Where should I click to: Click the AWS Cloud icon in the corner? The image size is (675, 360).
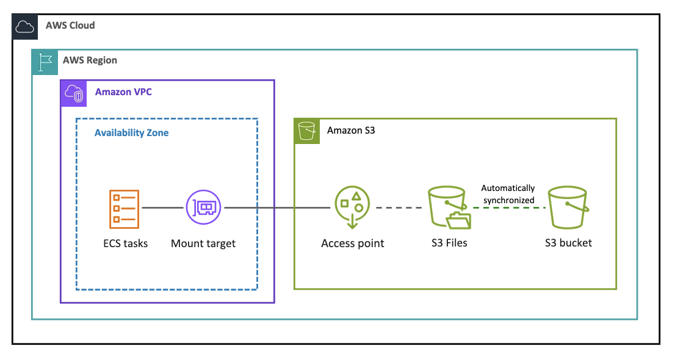[25, 26]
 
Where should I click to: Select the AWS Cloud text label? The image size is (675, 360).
[70, 26]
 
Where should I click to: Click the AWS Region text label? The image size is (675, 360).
[90, 60]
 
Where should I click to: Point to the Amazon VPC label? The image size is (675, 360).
[123, 92]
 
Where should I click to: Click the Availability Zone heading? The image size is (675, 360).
[131, 132]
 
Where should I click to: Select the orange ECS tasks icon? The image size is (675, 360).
[124, 207]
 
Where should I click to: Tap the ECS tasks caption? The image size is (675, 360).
[125, 243]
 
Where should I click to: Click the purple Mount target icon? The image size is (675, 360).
[203, 207]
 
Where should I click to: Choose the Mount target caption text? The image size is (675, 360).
[203, 243]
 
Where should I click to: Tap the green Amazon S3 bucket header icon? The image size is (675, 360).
[306, 131]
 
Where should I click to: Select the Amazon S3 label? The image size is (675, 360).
[351, 131]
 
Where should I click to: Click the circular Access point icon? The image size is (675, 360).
[352, 206]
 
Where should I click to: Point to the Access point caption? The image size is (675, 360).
[353, 243]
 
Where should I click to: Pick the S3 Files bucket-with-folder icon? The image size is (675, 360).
[449, 208]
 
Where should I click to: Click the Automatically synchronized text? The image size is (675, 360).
[507, 194]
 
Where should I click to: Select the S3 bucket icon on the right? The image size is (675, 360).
[568, 207]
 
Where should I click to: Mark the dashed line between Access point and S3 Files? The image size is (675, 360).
[398, 207]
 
